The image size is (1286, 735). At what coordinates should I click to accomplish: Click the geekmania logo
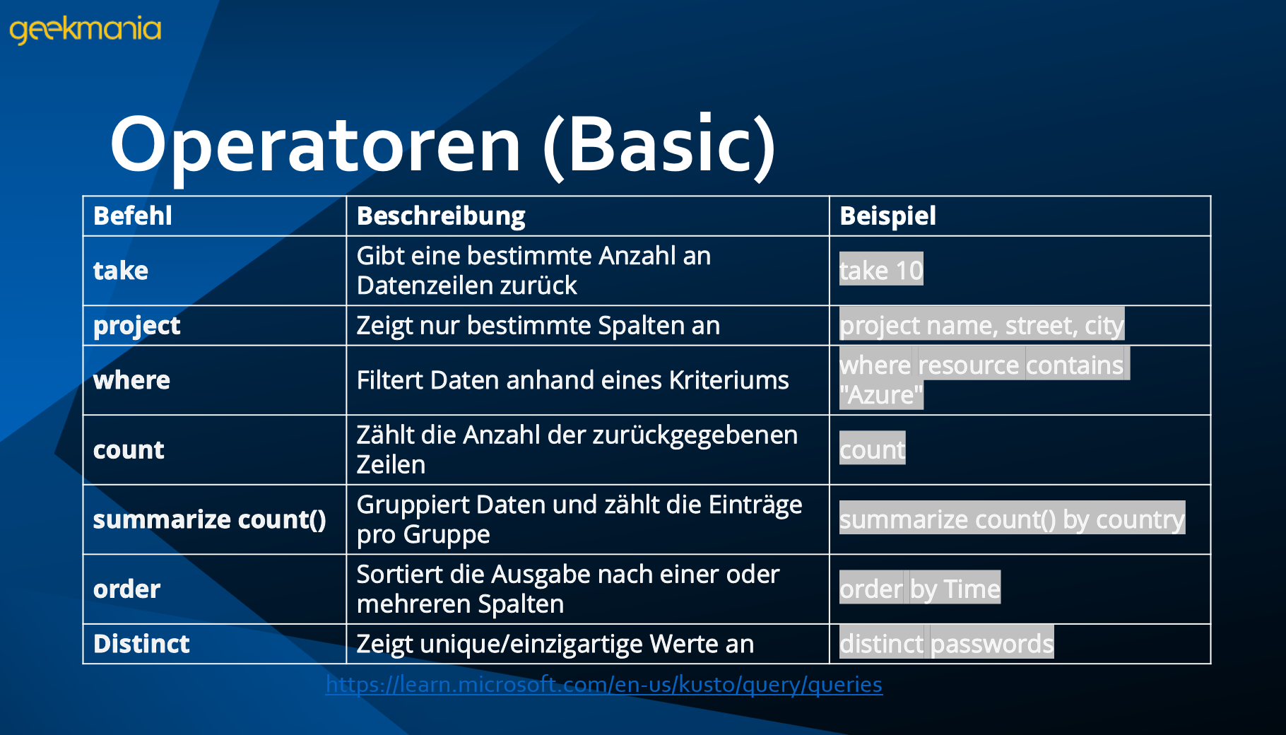click(x=85, y=30)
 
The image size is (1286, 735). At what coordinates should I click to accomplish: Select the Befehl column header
click(x=133, y=216)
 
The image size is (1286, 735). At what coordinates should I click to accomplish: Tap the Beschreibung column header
click(x=441, y=216)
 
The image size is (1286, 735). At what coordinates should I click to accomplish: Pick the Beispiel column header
click(x=887, y=216)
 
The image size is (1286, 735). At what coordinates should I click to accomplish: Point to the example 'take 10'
click(x=881, y=270)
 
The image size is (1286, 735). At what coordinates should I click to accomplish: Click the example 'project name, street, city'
click(x=981, y=325)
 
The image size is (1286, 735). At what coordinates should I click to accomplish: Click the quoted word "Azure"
click(x=881, y=395)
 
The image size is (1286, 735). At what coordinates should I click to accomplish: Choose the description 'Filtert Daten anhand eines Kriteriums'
click(x=572, y=380)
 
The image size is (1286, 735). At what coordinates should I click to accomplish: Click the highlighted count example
click(x=872, y=449)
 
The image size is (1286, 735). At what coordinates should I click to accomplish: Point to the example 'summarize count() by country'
click(x=1012, y=519)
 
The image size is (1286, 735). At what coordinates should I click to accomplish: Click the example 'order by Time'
click(x=920, y=588)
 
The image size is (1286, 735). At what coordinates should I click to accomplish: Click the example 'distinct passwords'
click(x=946, y=643)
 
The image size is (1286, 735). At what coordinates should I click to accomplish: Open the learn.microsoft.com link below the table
click(x=604, y=684)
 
